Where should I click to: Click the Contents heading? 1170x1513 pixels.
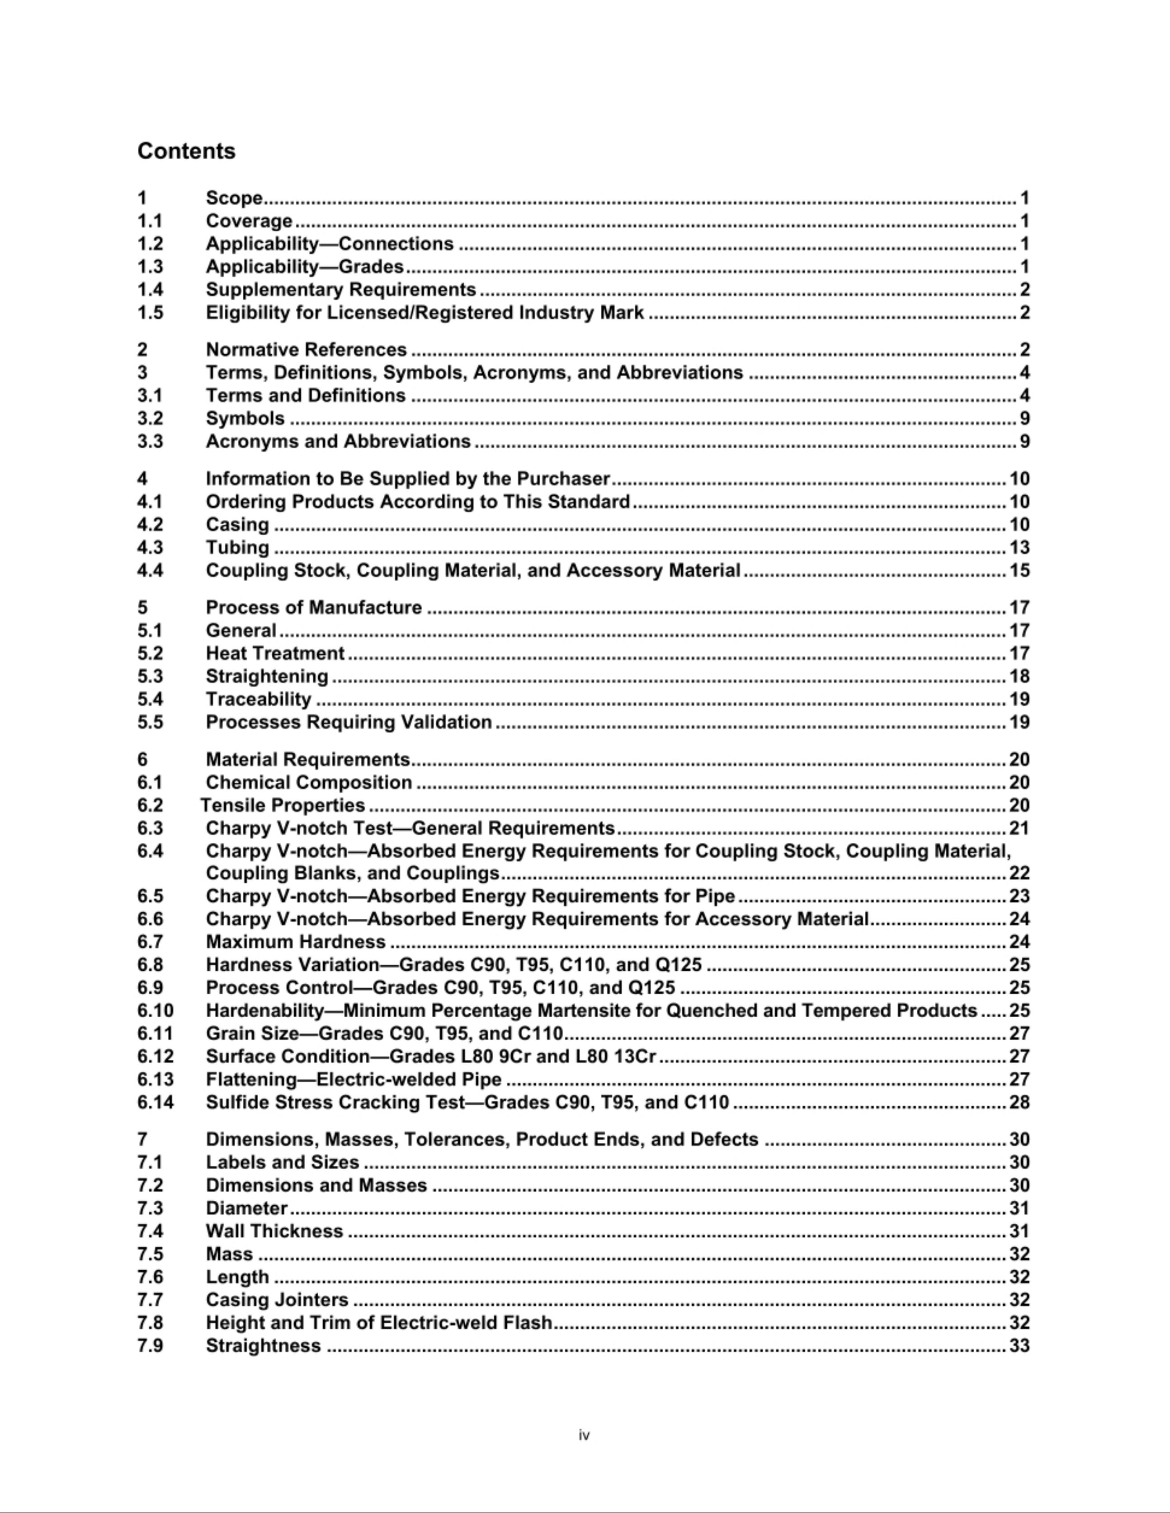(186, 151)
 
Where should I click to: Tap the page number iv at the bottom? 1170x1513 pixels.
(584, 1435)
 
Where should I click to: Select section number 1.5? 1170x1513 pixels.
(151, 312)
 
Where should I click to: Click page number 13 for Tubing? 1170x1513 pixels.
(1019, 547)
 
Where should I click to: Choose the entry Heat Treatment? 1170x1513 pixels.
(275, 653)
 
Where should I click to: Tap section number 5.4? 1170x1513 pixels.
(151, 699)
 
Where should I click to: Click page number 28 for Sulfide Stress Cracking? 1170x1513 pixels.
(1019, 1102)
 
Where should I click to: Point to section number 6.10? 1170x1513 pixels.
(155, 1010)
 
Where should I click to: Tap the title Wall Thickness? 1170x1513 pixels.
(274, 1231)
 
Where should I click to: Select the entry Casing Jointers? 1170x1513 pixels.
(277, 1300)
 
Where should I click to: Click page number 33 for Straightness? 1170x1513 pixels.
(1019, 1345)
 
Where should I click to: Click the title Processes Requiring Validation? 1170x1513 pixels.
(349, 722)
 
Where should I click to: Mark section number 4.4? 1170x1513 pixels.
(151, 570)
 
